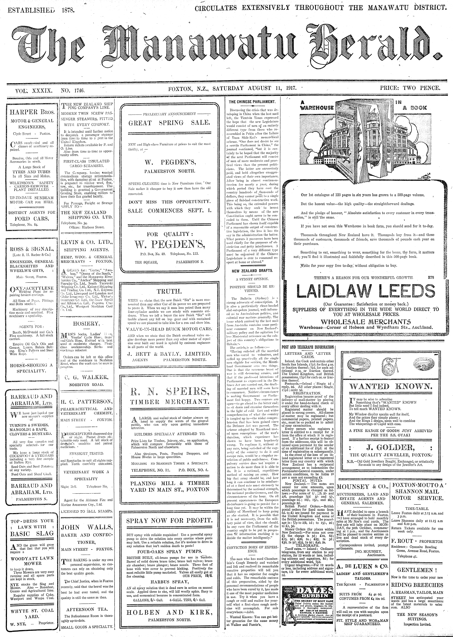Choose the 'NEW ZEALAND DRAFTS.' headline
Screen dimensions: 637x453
coord(252,271)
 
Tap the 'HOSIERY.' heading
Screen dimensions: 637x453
coord(86,323)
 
